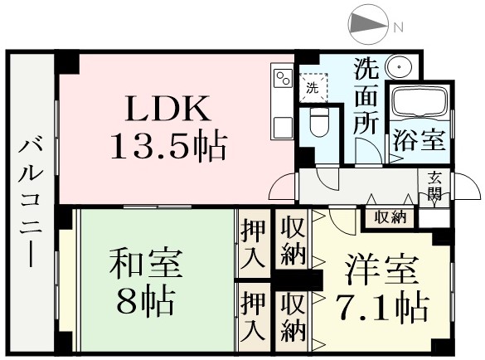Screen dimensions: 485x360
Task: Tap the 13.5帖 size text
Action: pos(169,146)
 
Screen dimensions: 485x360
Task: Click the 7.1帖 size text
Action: pos(383,307)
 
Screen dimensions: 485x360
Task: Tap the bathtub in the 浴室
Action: pos(420,100)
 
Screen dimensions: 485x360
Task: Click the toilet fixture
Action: pos(319,123)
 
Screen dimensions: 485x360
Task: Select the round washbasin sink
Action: pos(399,66)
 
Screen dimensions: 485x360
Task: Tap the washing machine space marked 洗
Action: pos(313,88)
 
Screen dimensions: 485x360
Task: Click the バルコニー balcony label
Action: pos(31,203)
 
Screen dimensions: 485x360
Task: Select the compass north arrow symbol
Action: pos(367,24)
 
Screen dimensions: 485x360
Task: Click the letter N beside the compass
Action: pos(399,28)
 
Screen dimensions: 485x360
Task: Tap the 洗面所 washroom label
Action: pos(366,96)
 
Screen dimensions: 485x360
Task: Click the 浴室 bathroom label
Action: pos(420,140)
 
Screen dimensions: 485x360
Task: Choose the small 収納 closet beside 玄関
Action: pos(390,217)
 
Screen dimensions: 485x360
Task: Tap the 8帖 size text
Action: pos(145,300)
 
